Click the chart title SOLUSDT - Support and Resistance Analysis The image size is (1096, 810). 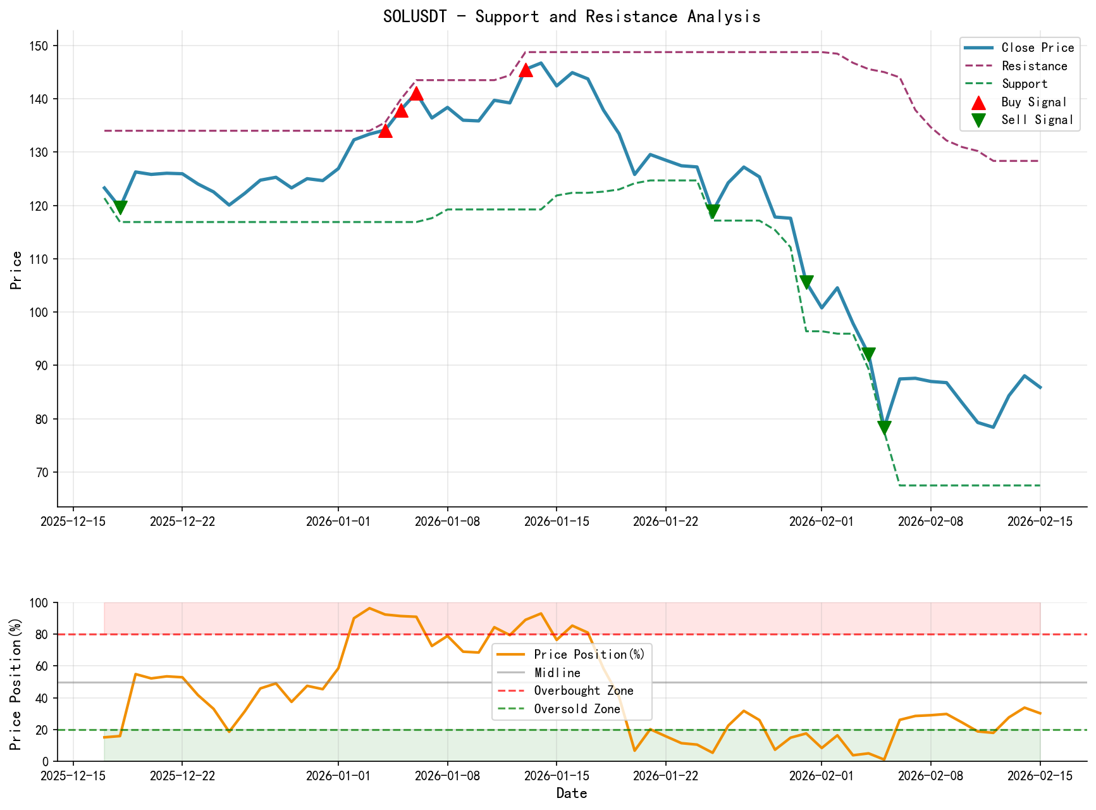pyautogui.click(x=571, y=16)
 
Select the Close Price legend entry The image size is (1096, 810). pyautogui.click(x=1037, y=48)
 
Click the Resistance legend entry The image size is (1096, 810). pyautogui.click(x=1034, y=66)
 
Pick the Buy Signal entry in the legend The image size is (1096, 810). pyautogui.click(x=1034, y=102)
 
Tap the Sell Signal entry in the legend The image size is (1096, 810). pyautogui.click(x=1037, y=120)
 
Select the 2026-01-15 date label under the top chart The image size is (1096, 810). pyautogui.click(x=556, y=521)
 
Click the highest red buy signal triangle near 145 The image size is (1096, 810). pyautogui.click(x=526, y=70)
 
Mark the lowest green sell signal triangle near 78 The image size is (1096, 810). pyautogui.click(x=884, y=428)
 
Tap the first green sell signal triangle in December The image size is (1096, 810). pyautogui.click(x=120, y=208)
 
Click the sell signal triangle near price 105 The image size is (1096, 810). pyautogui.click(x=806, y=282)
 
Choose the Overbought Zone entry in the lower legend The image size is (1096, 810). pyautogui.click(x=583, y=691)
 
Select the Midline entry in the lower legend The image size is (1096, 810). pyautogui.click(x=557, y=673)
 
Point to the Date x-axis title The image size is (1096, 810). pyautogui.click(x=571, y=794)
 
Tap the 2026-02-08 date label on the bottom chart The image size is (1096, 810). pyautogui.click(x=930, y=775)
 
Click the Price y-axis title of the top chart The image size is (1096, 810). pyautogui.click(x=16, y=270)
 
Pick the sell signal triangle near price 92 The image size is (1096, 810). pyautogui.click(x=868, y=354)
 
